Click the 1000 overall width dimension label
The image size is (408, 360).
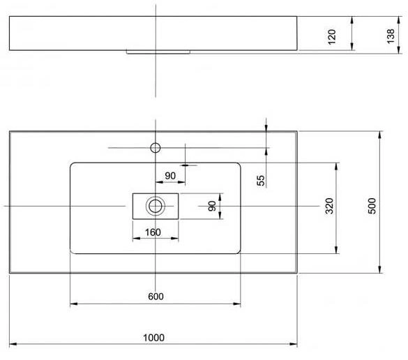click(x=153, y=338)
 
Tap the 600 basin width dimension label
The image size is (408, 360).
click(x=156, y=297)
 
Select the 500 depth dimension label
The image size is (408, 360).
click(x=372, y=206)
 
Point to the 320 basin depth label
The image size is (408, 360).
click(x=329, y=206)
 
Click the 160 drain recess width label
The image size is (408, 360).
click(x=153, y=232)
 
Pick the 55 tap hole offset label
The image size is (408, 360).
click(x=260, y=181)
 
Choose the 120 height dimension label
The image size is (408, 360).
click(x=332, y=37)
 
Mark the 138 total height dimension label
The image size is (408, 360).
click(x=391, y=36)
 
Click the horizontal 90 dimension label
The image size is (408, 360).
click(x=170, y=176)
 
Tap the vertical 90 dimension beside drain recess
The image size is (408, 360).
click(x=212, y=206)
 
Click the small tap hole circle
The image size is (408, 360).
click(x=156, y=148)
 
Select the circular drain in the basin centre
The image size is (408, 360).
click(x=156, y=206)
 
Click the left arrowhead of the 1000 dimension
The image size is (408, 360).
click(x=13, y=344)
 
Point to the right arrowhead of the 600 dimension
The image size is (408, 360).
click(x=237, y=303)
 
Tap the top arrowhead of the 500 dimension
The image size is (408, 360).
click(x=380, y=135)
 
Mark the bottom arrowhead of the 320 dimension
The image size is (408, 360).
click(x=336, y=250)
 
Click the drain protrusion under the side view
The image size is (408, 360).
click(x=158, y=52)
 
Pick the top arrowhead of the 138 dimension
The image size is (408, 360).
click(x=399, y=20)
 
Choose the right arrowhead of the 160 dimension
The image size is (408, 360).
click(x=175, y=238)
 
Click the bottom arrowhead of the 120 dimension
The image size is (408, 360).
click(x=352, y=47)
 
